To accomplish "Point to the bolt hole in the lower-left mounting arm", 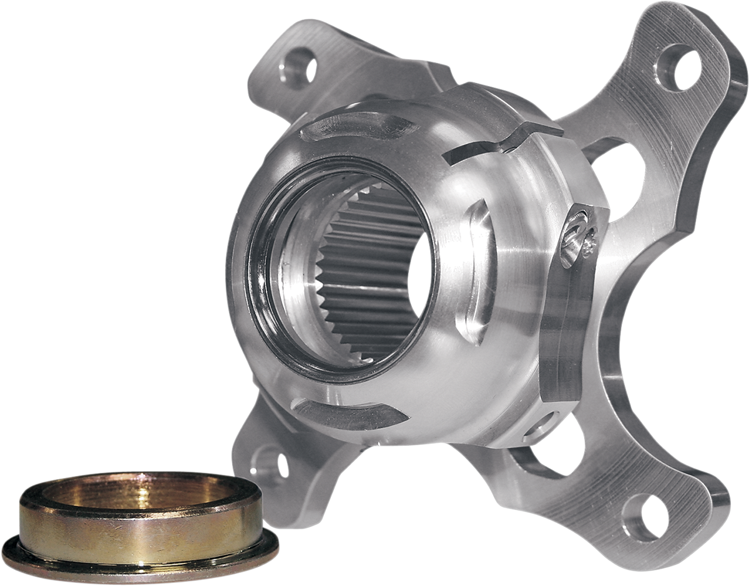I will click(x=273, y=462).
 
